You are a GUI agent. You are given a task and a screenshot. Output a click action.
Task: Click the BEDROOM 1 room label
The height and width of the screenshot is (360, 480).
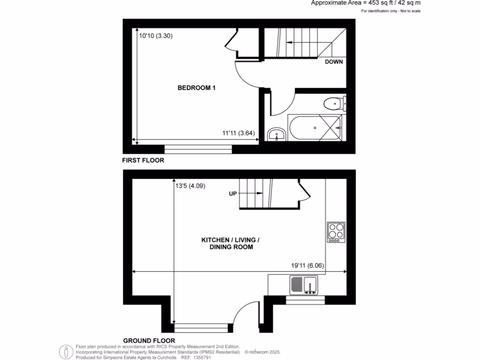[196, 88]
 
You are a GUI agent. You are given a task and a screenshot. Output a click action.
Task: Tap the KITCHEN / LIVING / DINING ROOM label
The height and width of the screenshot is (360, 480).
[230, 243]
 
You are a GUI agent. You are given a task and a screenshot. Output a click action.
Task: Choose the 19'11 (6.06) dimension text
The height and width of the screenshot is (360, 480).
[307, 265]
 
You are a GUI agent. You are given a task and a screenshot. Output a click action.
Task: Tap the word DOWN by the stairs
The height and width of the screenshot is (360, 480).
[334, 62]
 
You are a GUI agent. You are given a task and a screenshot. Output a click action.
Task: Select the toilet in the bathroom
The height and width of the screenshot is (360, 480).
[334, 103]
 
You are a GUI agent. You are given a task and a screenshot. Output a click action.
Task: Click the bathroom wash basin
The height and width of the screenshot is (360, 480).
[277, 135]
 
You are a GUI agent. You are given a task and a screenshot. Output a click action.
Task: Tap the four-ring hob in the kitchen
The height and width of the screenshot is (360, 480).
[336, 232]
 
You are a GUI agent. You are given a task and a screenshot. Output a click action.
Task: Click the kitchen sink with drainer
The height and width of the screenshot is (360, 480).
[304, 285]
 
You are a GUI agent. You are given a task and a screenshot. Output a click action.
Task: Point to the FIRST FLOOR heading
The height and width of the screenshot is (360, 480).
[143, 160]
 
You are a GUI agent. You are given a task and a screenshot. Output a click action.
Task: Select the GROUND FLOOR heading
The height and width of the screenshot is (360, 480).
[149, 340]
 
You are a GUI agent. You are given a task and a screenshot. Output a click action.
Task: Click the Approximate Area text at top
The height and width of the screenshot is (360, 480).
[366, 3]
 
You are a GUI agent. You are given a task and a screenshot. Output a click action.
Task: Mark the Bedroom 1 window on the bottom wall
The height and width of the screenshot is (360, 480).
[198, 149]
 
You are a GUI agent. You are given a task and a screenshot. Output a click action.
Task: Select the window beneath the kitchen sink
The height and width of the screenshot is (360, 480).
[305, 300]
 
